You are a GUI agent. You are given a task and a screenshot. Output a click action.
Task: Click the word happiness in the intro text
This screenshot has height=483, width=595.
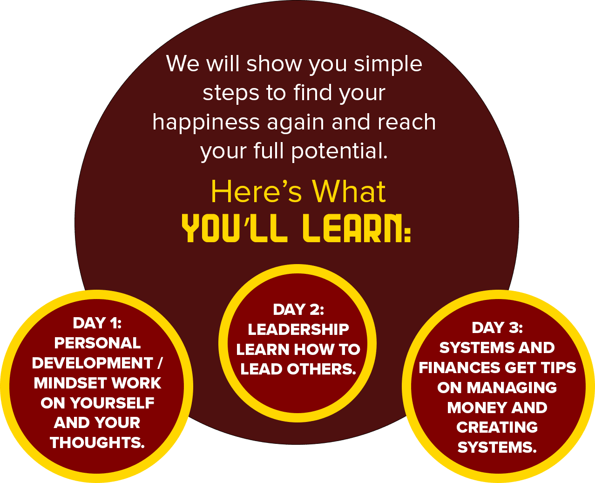coord(206,123)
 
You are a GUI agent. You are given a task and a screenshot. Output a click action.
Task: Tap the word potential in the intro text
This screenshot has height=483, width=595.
coord(339,151)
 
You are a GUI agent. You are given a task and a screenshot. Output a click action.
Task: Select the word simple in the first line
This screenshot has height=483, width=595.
coord(388,65)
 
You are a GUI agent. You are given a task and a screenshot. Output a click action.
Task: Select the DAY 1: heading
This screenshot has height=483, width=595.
coord(97,323)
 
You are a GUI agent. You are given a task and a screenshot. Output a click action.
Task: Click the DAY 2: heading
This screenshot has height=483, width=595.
coord(298,310)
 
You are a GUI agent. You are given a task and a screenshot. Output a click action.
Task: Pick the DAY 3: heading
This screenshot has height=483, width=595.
coord(497,327)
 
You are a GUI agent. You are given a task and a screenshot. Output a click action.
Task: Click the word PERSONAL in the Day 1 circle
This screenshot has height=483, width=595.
coord(97,343)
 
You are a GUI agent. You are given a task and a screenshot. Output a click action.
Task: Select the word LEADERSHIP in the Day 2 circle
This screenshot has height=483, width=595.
coord(298,329)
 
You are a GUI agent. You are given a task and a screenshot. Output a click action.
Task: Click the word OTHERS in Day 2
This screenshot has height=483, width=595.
coord(321,369)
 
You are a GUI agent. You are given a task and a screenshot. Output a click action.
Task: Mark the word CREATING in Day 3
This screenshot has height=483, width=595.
coord(497,428)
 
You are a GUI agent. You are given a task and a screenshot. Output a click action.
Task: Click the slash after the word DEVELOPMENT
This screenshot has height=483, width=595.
coord(160,363)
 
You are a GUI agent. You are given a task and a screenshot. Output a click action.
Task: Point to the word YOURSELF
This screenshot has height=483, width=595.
coord(112,403)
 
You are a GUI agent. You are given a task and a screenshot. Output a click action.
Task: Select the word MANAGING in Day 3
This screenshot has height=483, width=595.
coord(512,388)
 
